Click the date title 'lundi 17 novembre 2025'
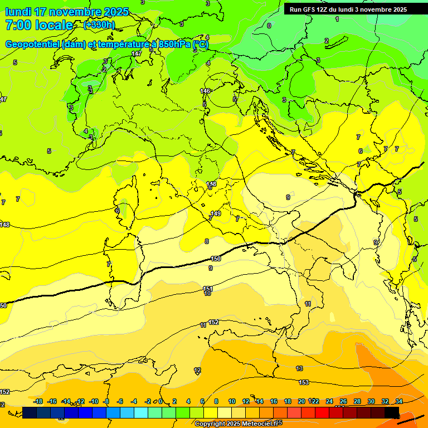pyautogui.click(x=67, y=12)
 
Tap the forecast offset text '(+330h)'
pyautogui.click(x=99, y=25)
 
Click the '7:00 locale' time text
pyautogui.click(x=39, y=25)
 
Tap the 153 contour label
pyautogui.click(x=304, y=382)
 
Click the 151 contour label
pyautogui.click(x=208, y=289)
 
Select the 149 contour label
pyautogui.click(x=216, y=213)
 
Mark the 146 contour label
pyautogui.click(x=205, y=91)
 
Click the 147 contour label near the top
pyautogui.click(x=137, y=53)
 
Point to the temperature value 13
pyautogui.click(x=299, y=368)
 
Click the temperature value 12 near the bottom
pyautogui.click(x=197, y=370)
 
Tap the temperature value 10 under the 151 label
pyautogui.click(x=207, y=294)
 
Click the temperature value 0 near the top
pyautogui.click(x=269, y=26)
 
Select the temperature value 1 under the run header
pyautogui.click(x=337, y=19)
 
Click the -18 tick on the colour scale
pyautogui.click(x=38, y=401)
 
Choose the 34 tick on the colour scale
pyautogui.click(x=399, y=401)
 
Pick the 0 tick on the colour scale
pyautogui.click(x=160, y=401)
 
